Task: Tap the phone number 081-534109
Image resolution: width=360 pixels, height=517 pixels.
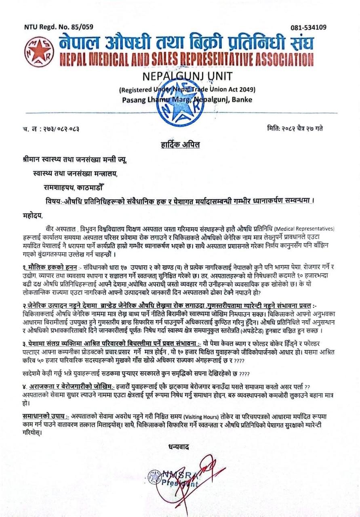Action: point(308,27)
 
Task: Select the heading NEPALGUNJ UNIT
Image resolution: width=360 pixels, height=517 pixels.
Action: point(180,77)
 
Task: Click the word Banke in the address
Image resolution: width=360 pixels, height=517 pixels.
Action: point(240,100)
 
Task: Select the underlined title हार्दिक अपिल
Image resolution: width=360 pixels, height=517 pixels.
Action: point(180,144)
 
